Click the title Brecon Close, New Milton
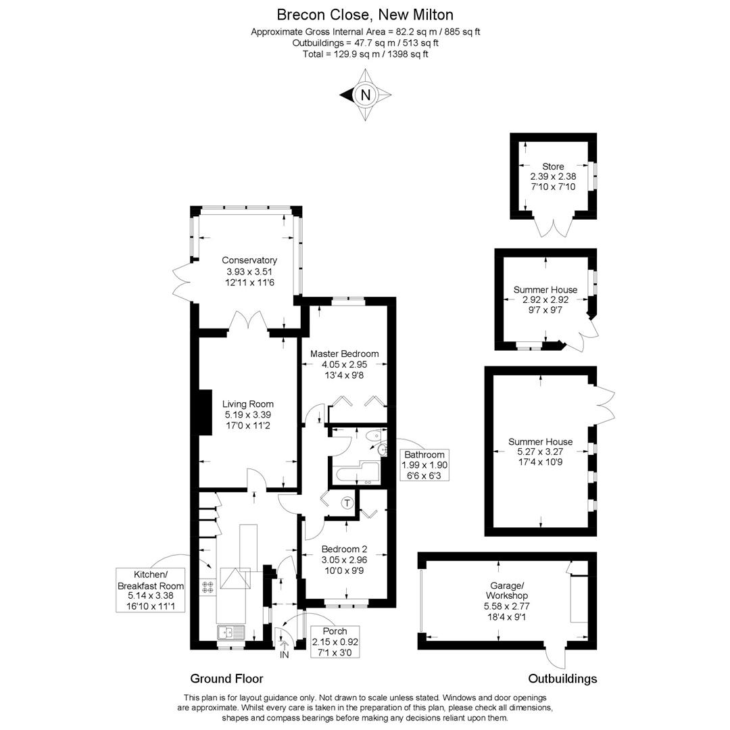[x=365, y=14]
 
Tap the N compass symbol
[x=366, y=95]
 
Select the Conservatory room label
[x=249, y=260]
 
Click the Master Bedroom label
[x=344, y=354]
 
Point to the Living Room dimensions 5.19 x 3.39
[x=248, y=415]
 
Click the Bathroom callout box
[x=424, y=465]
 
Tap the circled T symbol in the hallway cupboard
[x=347, y=503]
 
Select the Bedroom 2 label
[x=344, y=549]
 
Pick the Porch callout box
[x=335, y=641]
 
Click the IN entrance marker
[x=284, y=654]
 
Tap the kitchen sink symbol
[x=230, y=633]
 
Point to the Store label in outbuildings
[x=552, y=166]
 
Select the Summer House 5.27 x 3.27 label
[x=540, y=442]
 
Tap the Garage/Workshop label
[x=506, y=591]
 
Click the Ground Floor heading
[x=226, y=679]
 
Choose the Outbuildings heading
[x=562, y=679]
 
